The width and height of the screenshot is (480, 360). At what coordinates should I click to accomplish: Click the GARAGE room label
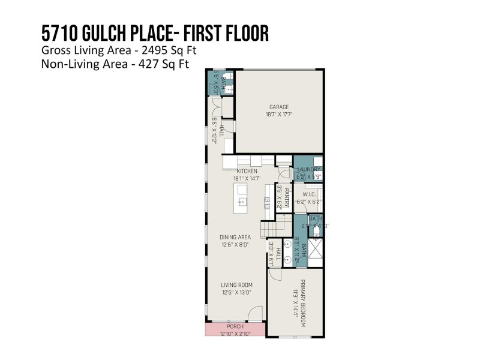[x=278, y=107]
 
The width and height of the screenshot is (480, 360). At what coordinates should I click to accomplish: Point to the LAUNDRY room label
[x=309, y=170]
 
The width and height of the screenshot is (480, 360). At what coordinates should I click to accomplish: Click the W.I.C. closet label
[x=309, y=194]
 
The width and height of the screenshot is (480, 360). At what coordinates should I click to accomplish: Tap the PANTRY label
[x=287, y=198]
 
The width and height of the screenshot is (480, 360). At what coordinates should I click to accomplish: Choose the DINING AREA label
[x=235, y=237]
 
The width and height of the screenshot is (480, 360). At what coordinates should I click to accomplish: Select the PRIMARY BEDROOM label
[x=303, y=302]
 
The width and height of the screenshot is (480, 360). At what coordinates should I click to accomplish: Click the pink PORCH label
[x=235, y=326]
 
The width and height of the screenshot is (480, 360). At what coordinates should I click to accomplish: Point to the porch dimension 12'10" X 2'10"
[x=235, y=333]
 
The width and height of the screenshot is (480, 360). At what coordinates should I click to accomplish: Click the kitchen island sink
[x=242, y=202]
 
